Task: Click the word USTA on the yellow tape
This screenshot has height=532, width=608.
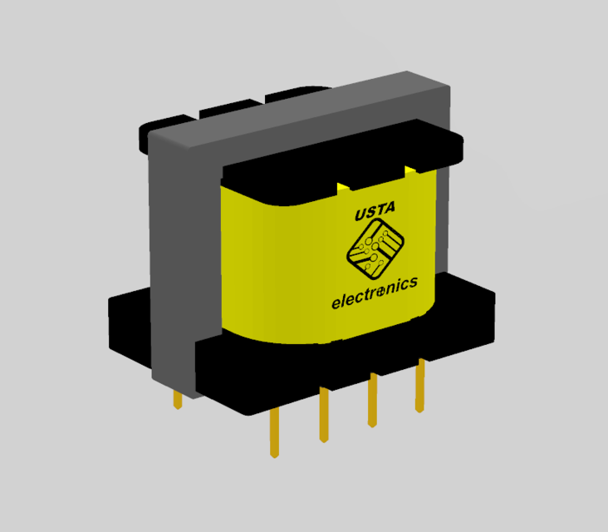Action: (x=375, y=214)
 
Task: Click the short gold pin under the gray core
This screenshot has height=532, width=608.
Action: (x=177, y=399)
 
